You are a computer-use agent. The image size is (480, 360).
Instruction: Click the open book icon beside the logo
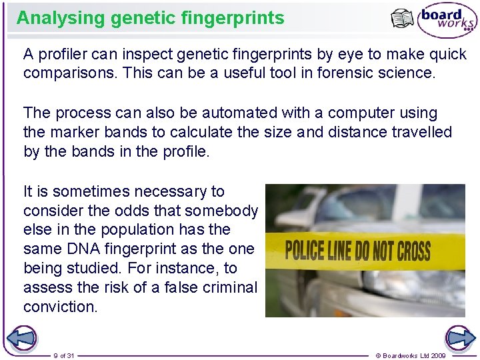(402, 19)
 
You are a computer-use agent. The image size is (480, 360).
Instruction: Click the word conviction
(59, 307)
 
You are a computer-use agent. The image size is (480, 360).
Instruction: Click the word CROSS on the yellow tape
(414, 252)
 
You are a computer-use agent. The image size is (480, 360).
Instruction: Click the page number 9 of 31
(64, 355)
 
